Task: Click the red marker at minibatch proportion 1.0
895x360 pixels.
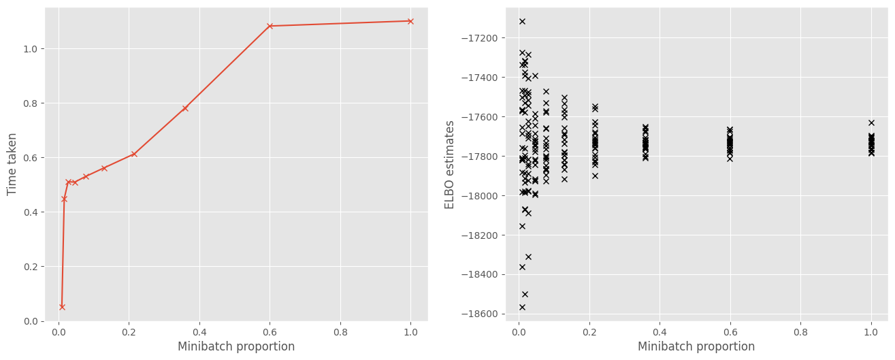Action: [x=410, y=21]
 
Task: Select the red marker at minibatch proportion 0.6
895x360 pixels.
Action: [x=270, y=26]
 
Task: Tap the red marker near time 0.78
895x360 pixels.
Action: [x=185, y=108]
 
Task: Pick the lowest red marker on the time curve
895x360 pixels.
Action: [x=62, y=307]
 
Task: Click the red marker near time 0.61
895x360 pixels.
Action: [x=134, y=154]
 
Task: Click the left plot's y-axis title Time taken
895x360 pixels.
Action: [x=12, y=165]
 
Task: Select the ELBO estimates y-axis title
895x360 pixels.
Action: [x=450, y=165]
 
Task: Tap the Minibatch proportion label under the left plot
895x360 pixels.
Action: [x=236, y=346]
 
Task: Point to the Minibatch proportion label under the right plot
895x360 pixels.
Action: [x=696, y=346]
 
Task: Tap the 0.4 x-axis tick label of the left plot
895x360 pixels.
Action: [x=199, y=333]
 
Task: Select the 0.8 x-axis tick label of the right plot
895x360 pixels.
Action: [x=800, y=333]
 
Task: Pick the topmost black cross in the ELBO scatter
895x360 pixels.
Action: [x=522, y=21]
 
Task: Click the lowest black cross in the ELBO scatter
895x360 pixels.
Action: [x=522, y=307]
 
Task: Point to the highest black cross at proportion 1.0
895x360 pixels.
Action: [x=871, y=122]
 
